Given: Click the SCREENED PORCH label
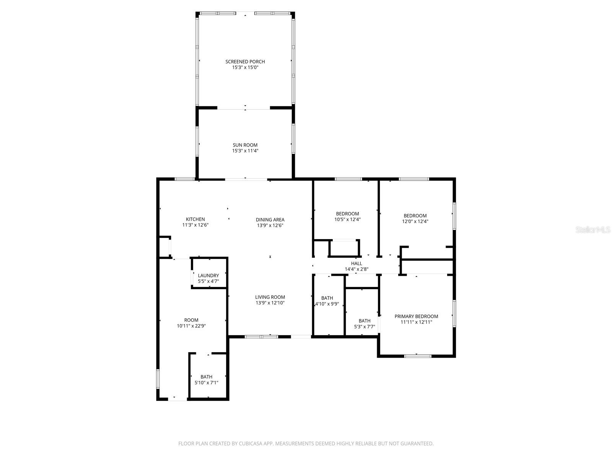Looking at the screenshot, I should pyautogui.click(x=245, y=62).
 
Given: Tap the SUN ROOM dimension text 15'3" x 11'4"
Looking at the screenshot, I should pyautogui.click(x=245, y=151).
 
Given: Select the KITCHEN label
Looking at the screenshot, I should pyautogui.click(x=195, y=219).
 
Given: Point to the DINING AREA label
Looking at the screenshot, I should pyautogui.click(x=270, y=220).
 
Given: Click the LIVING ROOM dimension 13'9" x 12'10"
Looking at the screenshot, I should pyautogui.click(x=270, y=303).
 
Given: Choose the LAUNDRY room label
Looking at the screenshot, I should pyautogui.click(x=208, y=275).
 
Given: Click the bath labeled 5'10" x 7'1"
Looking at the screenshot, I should pyautogui.click(x=207, y=379).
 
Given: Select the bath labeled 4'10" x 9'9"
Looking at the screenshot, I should pyautogui.click(x=327, y=301).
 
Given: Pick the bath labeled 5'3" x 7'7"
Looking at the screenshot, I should pyautogui.click(x=365, y=324).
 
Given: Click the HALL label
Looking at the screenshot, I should pyautogui.click(x=356, y=264).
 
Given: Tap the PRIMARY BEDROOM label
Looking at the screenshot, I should pyautogui.click(x=416, y=316).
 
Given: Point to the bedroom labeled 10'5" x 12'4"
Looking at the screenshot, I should pyautogui.click(x=347, y=216).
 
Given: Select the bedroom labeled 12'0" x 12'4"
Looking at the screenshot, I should pyautogui.click(x=415, y=218).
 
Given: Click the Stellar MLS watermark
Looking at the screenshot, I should pyautogui.click(x=592, y=230).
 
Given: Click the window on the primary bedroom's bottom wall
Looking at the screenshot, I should pyautogui.click(x=418, y=356).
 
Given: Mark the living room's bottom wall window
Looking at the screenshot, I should pyautogui.click(x=261, y=337).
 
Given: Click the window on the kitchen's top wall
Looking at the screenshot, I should pyautogui.click(x=184, y=179).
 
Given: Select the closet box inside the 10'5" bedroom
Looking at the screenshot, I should pyautogui.click(x=344, y=248).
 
